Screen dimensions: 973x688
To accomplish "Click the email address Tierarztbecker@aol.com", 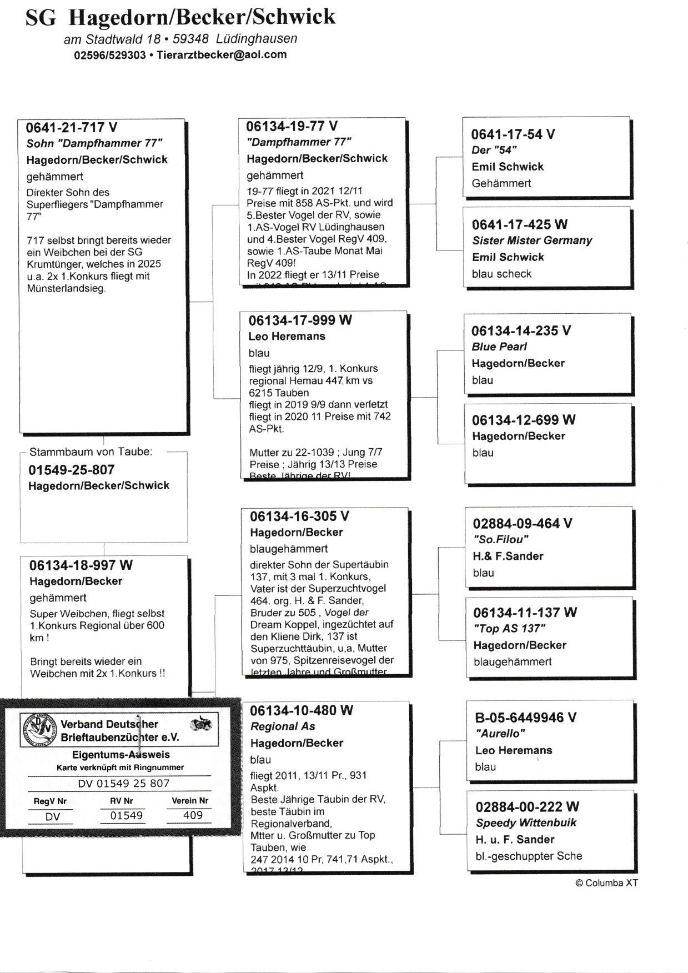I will coord(222,54).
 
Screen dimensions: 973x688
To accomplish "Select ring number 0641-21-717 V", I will coord(71,128).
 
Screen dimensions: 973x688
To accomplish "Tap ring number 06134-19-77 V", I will coord(292,126).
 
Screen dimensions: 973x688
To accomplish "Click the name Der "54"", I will coord(494,150).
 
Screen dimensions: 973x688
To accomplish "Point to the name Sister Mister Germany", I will coord(531,240).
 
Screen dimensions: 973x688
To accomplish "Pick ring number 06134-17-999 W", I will coord(300,320).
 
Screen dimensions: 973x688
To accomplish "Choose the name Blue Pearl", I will coord(499,347).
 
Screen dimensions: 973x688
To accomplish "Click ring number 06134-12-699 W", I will coord(523,420).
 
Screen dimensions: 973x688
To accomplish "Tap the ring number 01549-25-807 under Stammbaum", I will coord(71,470).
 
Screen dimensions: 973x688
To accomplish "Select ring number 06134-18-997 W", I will coord(81,565).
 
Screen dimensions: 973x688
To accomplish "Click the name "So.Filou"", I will coord(500,539).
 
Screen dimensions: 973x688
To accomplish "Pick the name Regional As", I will coord(283,726).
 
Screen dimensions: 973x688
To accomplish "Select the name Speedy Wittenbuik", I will coord(526,822).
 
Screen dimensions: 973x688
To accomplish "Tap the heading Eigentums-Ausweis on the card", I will coord(121,755).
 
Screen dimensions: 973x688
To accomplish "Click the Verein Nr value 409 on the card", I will coord(193,815).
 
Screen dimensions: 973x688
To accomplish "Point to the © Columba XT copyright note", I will coord(606,883).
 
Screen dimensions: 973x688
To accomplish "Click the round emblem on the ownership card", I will coord(39,729).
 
